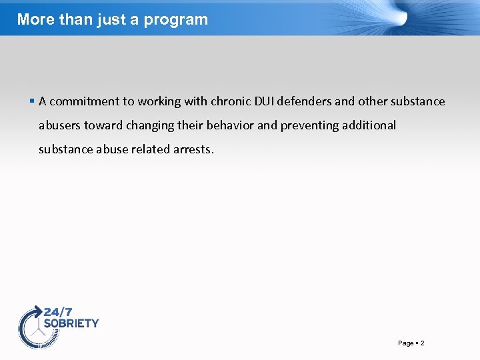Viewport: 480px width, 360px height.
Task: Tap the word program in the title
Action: [179, 20]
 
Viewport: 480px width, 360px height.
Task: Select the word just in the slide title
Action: [113, 19]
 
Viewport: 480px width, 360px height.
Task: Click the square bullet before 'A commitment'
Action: [32, 101]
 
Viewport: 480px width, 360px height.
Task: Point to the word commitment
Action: [83, 101]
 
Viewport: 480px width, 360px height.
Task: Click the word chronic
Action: [230, 101]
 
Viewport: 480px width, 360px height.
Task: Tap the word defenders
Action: [304, 101]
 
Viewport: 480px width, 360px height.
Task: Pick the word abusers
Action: [59, 125]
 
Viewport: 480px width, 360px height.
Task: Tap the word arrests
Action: [193, 149]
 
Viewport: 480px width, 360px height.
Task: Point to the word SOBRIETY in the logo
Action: [71, 323]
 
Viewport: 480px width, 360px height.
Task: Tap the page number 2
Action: [422, 343]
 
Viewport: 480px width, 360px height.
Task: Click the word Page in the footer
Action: [405, 343]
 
